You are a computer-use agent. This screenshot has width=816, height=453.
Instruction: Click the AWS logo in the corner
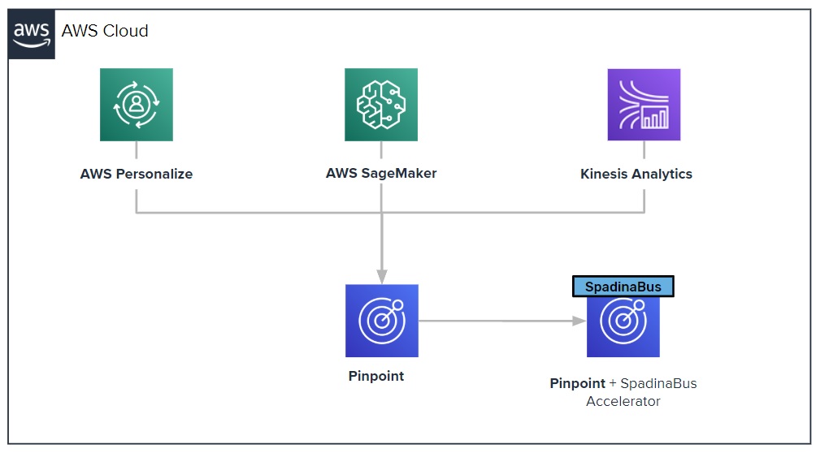tap(31, 34)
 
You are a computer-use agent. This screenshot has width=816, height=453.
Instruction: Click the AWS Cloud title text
tap(105, 31)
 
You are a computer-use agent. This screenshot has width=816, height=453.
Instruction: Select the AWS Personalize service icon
tap(137, 105)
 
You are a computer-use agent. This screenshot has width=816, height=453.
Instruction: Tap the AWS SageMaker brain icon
tap(381, 105)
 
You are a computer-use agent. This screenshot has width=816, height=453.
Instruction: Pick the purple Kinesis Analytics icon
tap(644, 105)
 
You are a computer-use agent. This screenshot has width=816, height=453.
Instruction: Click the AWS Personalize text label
tap(137, 174)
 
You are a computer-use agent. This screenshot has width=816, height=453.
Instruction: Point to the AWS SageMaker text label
tap(381, 173)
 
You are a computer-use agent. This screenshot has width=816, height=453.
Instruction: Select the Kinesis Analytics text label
tap(636, 174)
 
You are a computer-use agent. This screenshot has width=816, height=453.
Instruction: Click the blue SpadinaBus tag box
tap(623, 287)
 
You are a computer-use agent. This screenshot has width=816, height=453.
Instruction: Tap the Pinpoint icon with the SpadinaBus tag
tap(623, 326)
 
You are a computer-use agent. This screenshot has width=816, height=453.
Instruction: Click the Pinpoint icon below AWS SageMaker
tap(382, 321)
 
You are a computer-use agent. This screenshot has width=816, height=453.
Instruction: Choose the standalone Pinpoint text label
tap(375, 376)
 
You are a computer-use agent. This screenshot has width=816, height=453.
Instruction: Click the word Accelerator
tap(623, 402)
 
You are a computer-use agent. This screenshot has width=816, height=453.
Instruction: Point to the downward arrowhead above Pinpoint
tap(382, 277)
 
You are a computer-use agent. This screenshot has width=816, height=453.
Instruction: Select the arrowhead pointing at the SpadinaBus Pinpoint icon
tap(579, 321)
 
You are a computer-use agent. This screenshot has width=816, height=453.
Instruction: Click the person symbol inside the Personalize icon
tap(137, 103)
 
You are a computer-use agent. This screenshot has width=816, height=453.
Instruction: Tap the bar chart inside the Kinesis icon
tap(655, 118)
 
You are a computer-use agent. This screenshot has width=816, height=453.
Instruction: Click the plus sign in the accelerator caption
tap(613, 383)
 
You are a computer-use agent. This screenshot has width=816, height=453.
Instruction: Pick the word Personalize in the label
tap(154, 174)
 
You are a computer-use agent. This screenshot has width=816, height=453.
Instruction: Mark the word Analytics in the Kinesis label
tap(662, 174)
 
